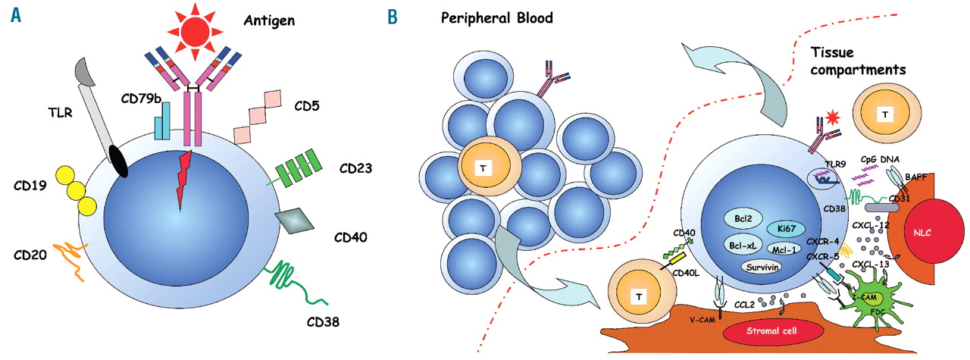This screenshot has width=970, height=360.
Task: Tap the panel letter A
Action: pos(16,16)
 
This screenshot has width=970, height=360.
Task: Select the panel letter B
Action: pos(393,16)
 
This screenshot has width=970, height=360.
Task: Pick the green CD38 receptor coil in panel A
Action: pos(286,278)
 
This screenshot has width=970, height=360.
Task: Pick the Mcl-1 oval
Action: pos(788,247)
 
